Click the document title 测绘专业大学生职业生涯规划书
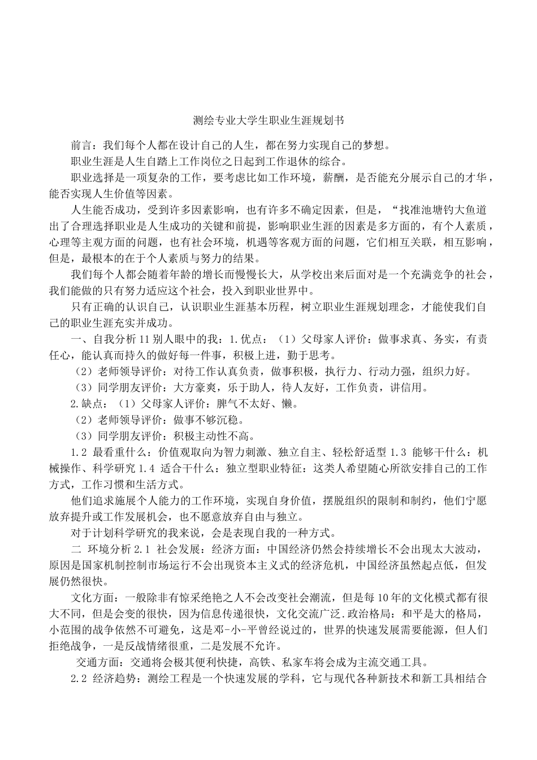click(x=268, y=120)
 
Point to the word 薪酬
click(x=339, y=178)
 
